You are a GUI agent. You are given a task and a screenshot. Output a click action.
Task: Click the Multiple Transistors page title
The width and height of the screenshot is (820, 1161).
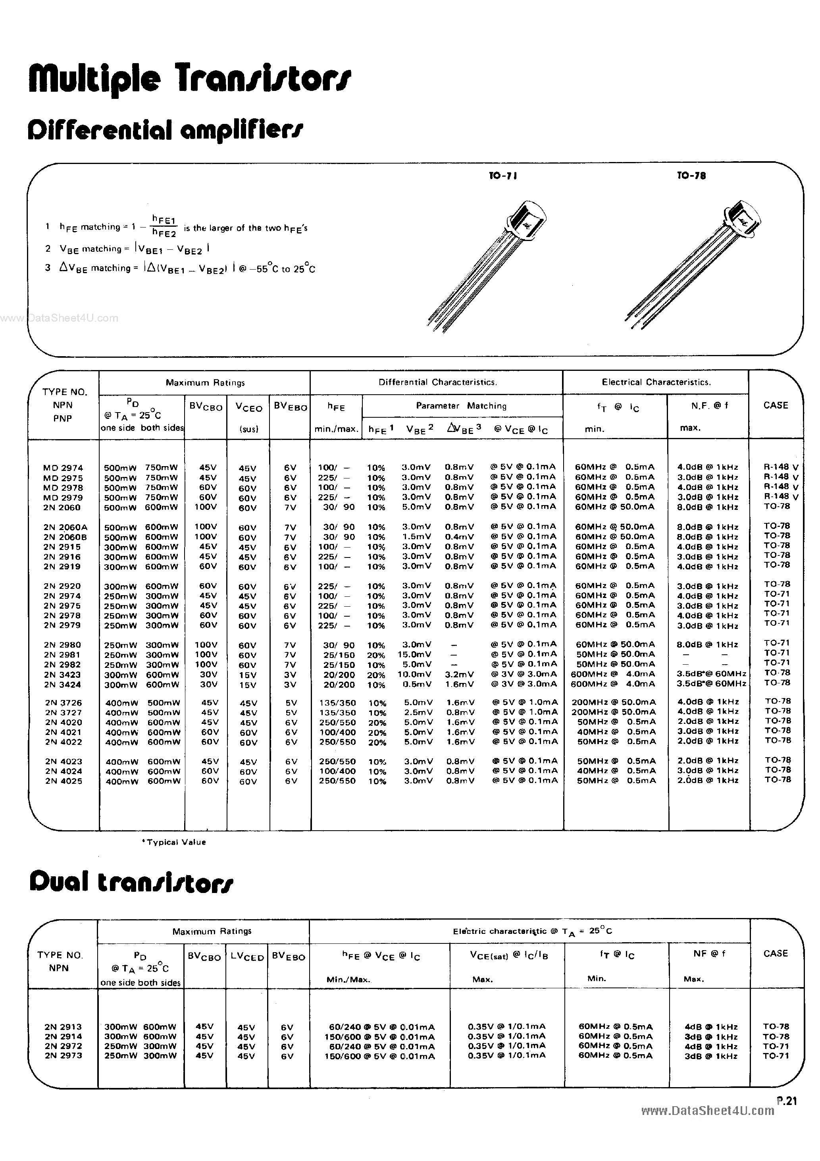coord(190,79)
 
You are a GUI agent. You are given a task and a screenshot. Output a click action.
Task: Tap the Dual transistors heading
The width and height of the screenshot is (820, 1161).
coord(131,882)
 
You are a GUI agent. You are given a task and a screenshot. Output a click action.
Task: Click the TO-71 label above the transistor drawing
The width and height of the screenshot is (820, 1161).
coord(503,175)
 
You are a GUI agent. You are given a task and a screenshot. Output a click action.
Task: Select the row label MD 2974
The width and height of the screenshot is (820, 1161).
coord(63,468)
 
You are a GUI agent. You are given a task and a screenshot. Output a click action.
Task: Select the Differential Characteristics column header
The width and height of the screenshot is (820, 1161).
coord(437,382)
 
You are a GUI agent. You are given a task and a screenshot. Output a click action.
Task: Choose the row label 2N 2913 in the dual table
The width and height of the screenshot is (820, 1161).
coord(63,1026)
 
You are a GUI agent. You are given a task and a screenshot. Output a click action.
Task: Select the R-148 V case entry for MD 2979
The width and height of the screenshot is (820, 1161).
coord(781,497)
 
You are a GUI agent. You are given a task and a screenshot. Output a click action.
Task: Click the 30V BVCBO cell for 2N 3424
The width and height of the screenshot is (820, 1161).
coord(206,684)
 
